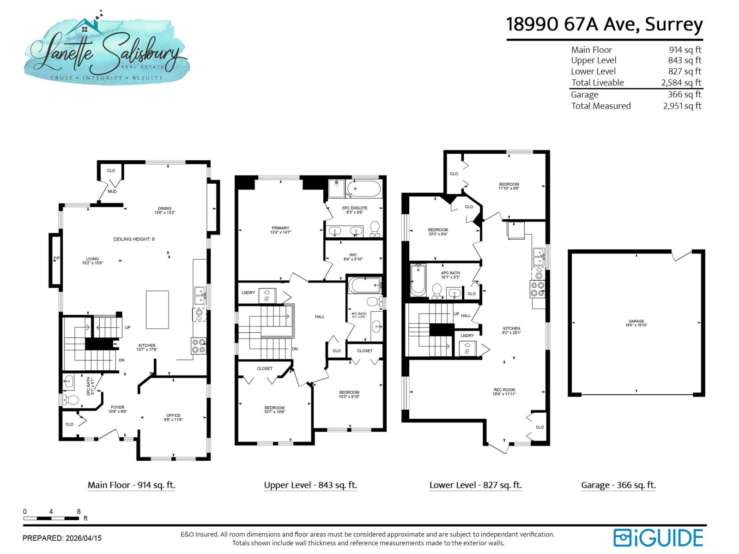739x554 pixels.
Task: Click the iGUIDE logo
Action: (x=658, y=538)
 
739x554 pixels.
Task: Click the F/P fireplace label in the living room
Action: (x=56, y=259)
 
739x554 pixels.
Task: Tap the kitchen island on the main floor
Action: (x=157, y=309)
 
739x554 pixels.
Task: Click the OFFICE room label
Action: (x=173, y=415)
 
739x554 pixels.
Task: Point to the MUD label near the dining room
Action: (x=112, y=191)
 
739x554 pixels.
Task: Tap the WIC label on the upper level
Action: (x=353, y=255)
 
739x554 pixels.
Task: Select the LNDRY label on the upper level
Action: (x=248, y=293)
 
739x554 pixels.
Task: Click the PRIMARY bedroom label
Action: (x=280, y=228)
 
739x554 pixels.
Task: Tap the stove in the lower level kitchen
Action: (x=537, y=289)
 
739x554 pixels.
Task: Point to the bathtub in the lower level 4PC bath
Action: (x=418, y=280)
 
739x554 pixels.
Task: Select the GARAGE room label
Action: (x=636, y=321)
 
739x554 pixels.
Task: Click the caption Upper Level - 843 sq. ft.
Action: (x=310, y=485)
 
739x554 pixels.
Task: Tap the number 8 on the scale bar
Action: (x=79, y=512)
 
